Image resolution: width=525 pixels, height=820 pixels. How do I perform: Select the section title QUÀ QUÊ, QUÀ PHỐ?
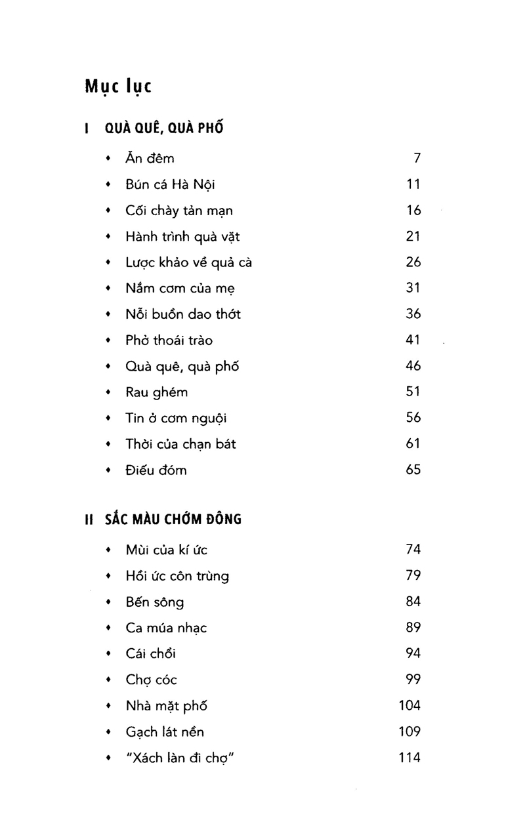tap(164, 128)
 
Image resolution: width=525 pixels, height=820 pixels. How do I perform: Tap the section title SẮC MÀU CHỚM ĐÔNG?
tap(173, 520)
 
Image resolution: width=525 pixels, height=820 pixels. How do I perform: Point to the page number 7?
tap(416, 158)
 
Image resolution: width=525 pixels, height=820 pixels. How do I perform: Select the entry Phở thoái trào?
tap(169, 340)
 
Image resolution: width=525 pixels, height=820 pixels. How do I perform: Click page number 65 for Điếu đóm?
tap(413, 470)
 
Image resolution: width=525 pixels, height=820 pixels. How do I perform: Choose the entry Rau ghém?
tap(156, 392)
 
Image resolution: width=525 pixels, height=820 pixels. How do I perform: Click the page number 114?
tap(409, 758)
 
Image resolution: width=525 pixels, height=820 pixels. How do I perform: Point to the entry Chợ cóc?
tap(151, 680)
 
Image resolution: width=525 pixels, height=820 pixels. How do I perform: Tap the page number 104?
tap(409, 706)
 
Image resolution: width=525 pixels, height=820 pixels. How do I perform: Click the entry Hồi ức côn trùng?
tap(177, 576)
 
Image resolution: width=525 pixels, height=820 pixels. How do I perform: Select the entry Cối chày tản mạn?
tap(179, 211)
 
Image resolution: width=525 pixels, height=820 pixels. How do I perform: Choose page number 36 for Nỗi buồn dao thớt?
tap(413, 314)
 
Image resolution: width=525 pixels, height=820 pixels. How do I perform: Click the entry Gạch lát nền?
tap(170, 731)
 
